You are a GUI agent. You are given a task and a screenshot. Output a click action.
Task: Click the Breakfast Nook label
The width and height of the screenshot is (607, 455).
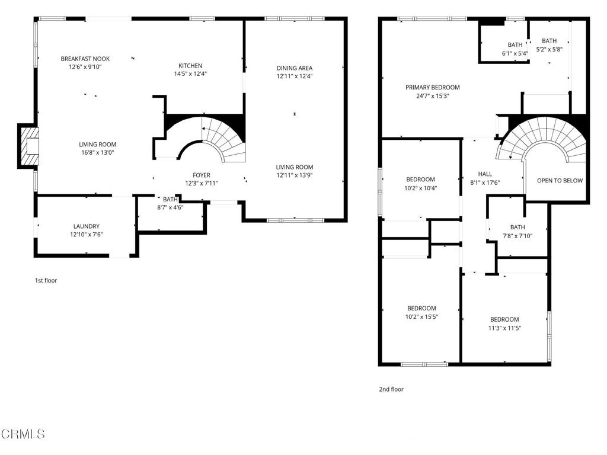pos(85,59)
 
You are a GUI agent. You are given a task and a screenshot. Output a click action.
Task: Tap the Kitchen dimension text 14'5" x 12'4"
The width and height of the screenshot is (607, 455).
pos(190,74)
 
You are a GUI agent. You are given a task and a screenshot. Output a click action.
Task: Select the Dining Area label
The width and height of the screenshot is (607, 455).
pos(294,68)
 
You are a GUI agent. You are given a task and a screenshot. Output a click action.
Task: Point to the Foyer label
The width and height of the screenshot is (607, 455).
pos(202,175)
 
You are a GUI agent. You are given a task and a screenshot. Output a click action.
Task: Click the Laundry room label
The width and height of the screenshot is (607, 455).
pos(87,226)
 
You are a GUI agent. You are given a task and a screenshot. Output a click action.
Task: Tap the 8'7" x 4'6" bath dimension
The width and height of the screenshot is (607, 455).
pos(170,207)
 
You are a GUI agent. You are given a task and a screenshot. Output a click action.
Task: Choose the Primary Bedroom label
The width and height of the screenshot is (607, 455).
pos(432,88)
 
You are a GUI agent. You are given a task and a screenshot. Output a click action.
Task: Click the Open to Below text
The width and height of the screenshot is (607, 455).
pos(560,181)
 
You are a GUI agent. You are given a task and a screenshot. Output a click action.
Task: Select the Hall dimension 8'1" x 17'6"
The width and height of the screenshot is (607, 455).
pos(485,182)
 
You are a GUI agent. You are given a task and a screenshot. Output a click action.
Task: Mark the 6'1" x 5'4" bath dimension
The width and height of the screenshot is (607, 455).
pos(515,53)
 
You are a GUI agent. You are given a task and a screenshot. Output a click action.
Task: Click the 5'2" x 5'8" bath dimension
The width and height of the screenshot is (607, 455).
pos(549,50)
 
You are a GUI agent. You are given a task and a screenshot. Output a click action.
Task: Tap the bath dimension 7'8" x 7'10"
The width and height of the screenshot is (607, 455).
pos(517,236)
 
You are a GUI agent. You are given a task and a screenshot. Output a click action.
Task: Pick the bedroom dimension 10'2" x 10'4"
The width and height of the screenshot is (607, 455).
pos(420,188)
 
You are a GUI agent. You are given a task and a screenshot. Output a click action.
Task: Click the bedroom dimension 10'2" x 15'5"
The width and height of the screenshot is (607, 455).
pos(421,317)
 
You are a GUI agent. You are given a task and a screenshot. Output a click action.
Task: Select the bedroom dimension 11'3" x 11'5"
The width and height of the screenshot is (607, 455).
pos(504,328)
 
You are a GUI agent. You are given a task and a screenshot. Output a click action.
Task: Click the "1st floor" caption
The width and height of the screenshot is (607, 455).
pos(46,280)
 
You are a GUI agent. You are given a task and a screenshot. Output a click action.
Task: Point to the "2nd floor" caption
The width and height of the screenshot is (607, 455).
pos(391,389)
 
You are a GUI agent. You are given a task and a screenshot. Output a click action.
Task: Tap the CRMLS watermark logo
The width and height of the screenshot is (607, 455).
pos(23,434)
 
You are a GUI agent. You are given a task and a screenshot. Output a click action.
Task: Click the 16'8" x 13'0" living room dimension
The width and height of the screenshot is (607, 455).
pos(97,152)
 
